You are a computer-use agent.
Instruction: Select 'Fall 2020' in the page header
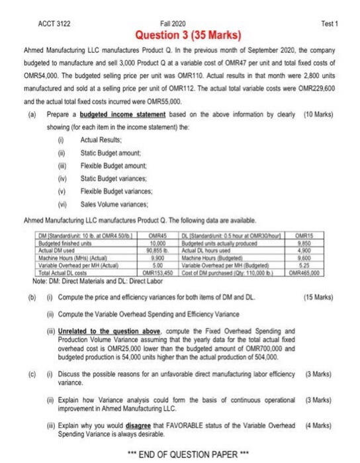click(x=178, y=23)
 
